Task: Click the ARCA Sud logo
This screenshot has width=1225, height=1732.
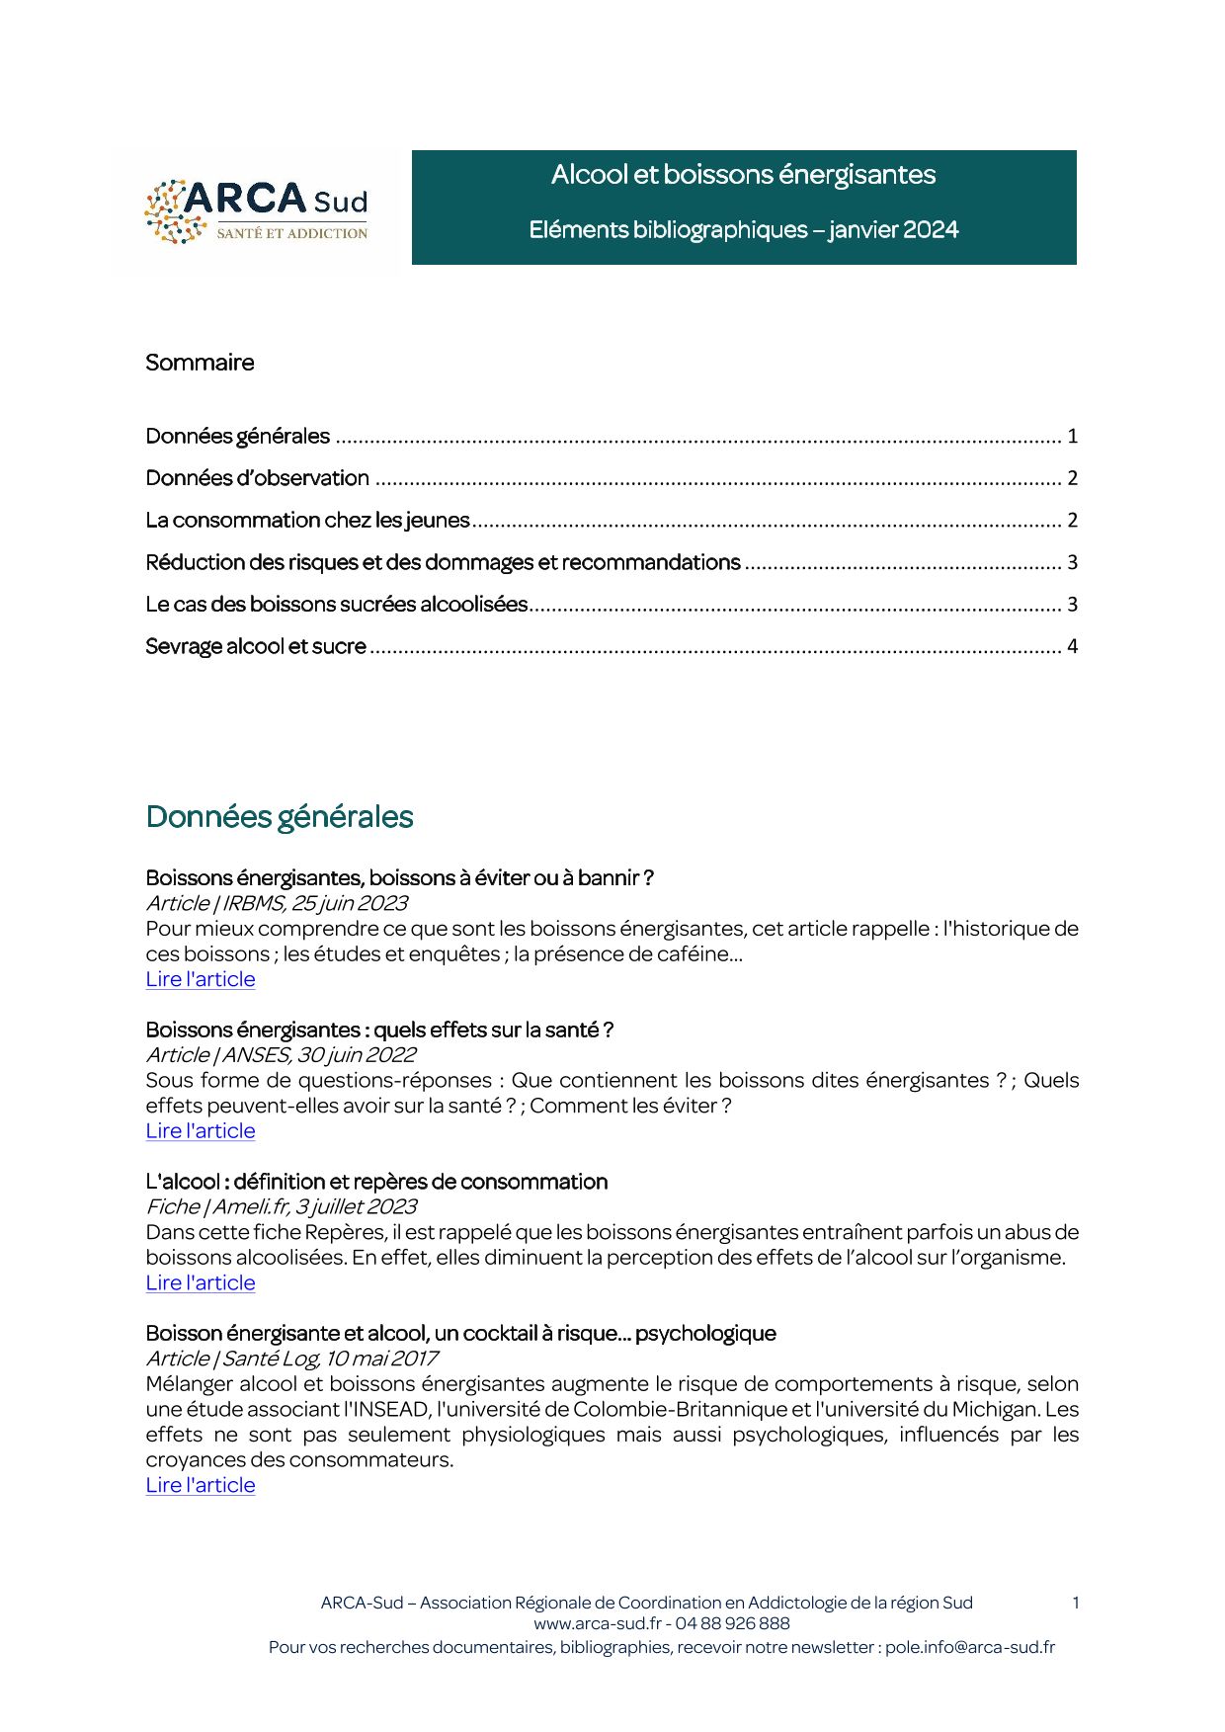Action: [256, 210]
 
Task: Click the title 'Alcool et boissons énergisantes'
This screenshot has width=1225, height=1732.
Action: [743, 175]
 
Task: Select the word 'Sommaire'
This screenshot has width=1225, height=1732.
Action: [200, 363]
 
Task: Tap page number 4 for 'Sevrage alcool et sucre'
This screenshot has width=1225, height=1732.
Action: [1072, 647]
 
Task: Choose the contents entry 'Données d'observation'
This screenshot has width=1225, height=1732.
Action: [257, 478]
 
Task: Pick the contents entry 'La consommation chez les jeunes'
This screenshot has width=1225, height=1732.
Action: [307, 521]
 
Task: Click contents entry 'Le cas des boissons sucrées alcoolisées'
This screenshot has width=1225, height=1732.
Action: [336, 605]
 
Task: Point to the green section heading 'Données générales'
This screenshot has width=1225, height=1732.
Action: [279, 817]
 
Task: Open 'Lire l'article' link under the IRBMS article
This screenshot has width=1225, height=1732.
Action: [201, 979]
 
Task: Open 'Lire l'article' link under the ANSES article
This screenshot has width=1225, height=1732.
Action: [201, 1131]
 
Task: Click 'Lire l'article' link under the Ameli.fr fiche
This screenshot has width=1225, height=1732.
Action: [201, 1283]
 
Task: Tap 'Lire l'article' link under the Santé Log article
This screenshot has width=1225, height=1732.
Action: [201, 1485]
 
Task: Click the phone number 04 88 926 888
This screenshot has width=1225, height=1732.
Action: [732, 1623]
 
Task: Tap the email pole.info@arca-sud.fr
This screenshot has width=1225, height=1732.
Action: [969, 1647]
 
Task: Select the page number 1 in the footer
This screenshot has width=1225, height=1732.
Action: [1075, 1603]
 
